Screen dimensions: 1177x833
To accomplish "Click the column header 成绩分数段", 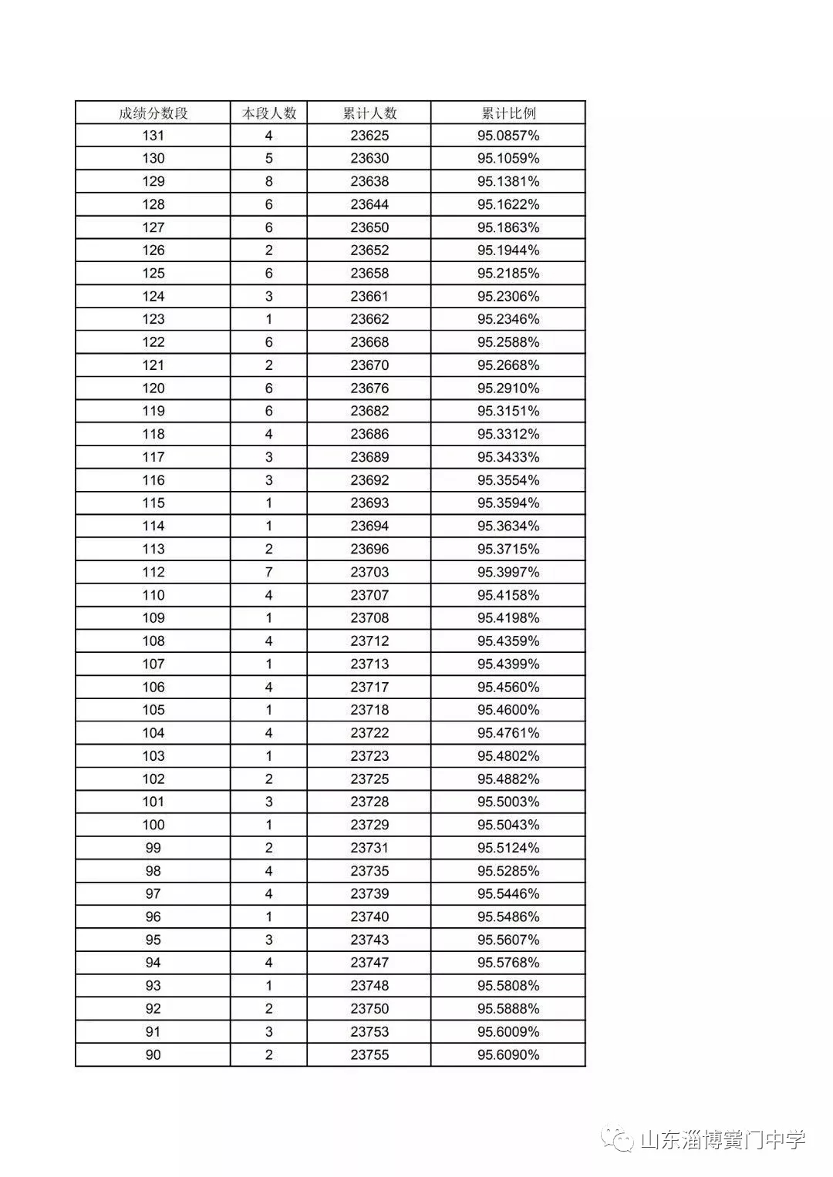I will coord(153,113).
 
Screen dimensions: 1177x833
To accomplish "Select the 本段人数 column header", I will coord(268,113).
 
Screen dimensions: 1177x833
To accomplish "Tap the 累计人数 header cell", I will coord(369,113).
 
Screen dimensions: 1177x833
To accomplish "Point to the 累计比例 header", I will coord(508,113).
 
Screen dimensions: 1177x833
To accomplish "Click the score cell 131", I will coord(153,136).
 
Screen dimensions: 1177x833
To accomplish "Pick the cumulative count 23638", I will coord(369,182).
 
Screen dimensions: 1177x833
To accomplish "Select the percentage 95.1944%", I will coord(508,251).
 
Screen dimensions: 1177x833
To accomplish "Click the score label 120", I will coord(153,388).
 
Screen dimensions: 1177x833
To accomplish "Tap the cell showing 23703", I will coord(369,572).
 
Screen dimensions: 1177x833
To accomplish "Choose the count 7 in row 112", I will coord(268,572).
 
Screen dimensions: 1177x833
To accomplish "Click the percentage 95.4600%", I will coord(508,710).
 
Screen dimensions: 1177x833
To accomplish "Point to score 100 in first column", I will coord(153,825).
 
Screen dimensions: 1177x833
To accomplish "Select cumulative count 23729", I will coord(369,825).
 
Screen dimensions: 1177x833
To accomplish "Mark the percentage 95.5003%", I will coord(508,802).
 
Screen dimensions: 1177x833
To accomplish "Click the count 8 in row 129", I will coord(268,182).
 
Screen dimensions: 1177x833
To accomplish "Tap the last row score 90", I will coord(153,1054).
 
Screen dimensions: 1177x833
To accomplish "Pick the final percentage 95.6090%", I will coord(508,1054).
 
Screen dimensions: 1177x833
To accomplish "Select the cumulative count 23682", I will coord(369,411).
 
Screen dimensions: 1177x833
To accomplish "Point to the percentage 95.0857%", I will coord(508,136).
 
